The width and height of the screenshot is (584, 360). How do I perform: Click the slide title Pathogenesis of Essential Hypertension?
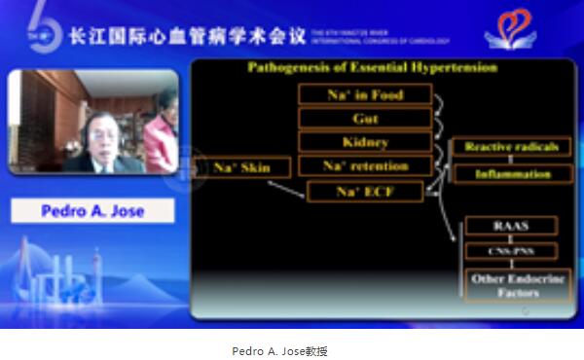pos(372,68)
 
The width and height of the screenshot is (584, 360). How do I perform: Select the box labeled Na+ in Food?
pos(350,95)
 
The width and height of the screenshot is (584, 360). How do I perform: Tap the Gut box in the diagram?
pos(350,119)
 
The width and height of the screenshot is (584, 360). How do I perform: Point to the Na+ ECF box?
pos(365,191)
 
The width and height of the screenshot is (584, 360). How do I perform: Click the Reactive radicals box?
pos(510,147)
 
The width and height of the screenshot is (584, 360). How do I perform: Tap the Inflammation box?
pos(512,174)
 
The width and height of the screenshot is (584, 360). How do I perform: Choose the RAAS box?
pos(510,226)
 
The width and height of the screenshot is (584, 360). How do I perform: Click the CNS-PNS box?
pos(510,252)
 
